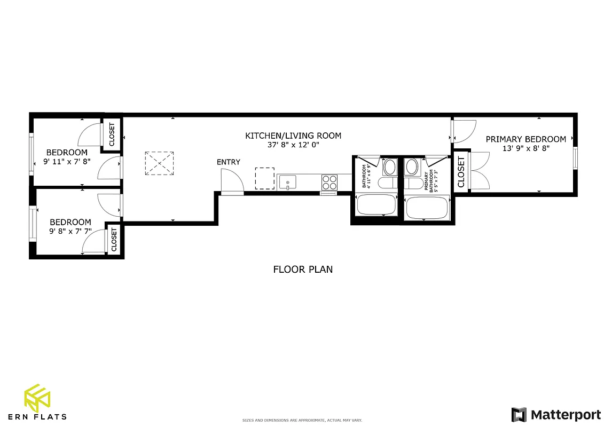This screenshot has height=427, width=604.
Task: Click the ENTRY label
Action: click(x=228, y=162)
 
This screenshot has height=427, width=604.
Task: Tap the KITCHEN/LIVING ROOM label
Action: click(x=293, y=136)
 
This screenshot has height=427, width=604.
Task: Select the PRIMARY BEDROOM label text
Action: click(x=525, y=139)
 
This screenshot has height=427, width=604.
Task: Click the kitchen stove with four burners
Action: click(x=329, y=183)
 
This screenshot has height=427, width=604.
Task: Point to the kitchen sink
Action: click(x=287, y=183)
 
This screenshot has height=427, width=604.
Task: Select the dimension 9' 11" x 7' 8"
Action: click(x=67, y=161)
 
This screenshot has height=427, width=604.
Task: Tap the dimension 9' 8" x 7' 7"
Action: click(x=70, y=232)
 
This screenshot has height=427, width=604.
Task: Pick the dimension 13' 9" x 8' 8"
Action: click(x=526, y=149)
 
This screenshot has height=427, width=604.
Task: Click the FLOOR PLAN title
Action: click(x=303, y=270)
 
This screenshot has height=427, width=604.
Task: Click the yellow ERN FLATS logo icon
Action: click(x=37, y=398)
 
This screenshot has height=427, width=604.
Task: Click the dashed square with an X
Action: click(x=159, y=163)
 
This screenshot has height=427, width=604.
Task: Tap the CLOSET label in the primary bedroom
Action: click(x=461, y=172)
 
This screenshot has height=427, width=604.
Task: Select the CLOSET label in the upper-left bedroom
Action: click(x=112, y=135)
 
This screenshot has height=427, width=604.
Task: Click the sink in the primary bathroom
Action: click(x=412, y=167)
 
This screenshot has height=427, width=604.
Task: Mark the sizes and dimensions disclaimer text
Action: click(x=302, y=421)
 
